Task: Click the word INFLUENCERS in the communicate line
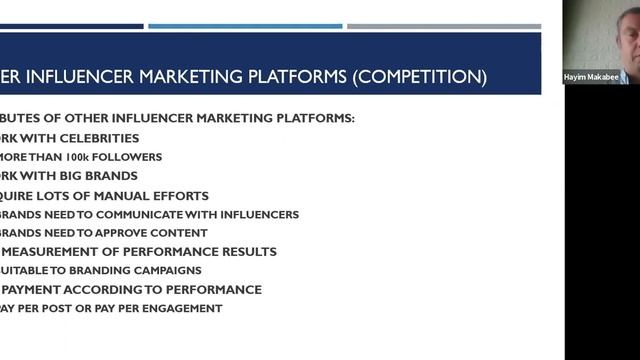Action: pyautogui.click(x=260, y=214)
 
